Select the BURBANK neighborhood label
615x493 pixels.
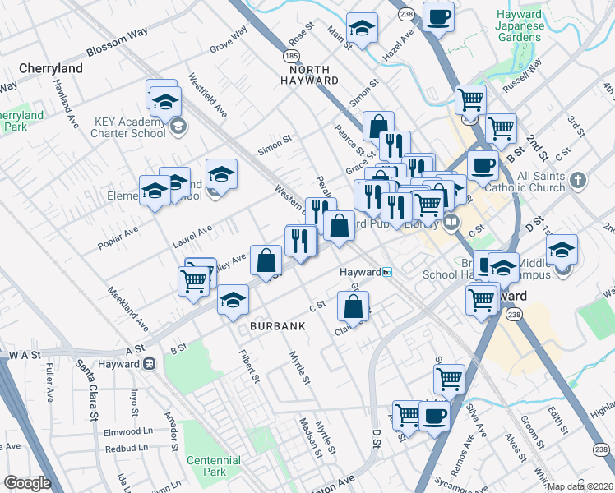pyautogui.click(x=278, y=326)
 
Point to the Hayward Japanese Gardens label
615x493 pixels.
pyautogui.click(x=520, y=25)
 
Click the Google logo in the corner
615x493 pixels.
pyautogui.click(x=27, y=483)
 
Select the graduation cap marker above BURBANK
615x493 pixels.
pyautogui.click(x=234, y=300)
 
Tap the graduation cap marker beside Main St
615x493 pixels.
pyautogui.click(x=362, y=29)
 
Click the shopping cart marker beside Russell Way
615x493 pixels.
pyautogui.click(x=470, y=100)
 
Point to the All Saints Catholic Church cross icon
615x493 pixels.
pyautogui.click(x=578, y=180)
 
